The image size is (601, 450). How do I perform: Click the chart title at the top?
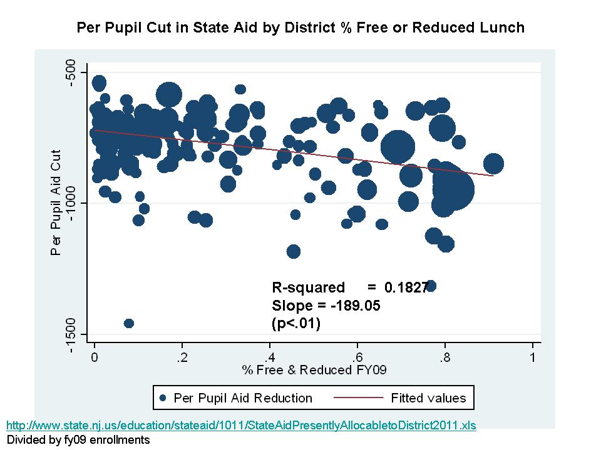(300, 27)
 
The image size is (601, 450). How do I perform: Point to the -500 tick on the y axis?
(69, 71)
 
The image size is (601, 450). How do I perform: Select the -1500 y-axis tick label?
(69, 334)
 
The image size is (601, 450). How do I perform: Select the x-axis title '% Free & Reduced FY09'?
(314, 370)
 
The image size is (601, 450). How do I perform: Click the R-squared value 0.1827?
(406, 287)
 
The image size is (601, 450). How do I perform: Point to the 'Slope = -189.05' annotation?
(326, 306)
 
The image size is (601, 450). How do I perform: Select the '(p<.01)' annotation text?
(296, 323)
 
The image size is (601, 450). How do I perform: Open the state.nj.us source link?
(241, 426)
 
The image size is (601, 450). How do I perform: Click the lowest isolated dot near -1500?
(129, 323)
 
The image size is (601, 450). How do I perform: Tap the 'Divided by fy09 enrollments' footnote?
(78, 439)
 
